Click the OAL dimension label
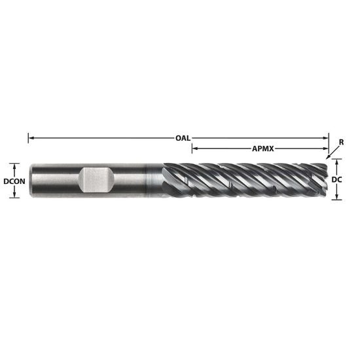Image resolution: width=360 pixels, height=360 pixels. point(183,138)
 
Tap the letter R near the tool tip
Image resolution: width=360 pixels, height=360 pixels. point(341,142)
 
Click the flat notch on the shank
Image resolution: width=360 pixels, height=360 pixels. point(96,179)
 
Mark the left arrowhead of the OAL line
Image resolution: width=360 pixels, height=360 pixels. point(30,138)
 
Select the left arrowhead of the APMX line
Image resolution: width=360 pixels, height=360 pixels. point(194,149)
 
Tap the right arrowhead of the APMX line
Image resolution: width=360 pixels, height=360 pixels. point(325,149)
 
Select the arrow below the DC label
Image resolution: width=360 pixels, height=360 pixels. point(337,194)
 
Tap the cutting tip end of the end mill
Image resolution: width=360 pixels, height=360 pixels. point(325,179)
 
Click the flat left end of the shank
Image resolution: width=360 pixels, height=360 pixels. point(29,179)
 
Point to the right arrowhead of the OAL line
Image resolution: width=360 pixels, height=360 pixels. point(326,138)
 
